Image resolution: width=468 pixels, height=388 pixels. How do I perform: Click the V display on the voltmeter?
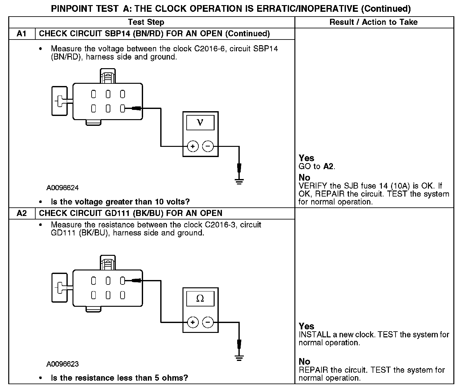(200, 123)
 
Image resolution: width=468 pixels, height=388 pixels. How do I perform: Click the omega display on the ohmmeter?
(200, 298)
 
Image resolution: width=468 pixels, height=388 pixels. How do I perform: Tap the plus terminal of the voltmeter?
(193, 147)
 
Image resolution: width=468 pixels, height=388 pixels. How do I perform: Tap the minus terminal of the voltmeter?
(208, 147)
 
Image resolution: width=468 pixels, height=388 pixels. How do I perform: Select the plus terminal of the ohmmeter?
(193, 322)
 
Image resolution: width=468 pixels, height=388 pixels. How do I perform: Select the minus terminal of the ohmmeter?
(208, 322)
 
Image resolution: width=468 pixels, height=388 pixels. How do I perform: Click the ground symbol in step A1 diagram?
(239, 182)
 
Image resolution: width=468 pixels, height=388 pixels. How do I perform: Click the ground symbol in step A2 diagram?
(239, 357)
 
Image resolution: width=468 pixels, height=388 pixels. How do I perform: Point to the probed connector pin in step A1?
(122, 109)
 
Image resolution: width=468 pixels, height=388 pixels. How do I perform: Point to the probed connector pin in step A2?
(122, 281)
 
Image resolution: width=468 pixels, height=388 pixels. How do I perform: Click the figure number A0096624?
(63, 188)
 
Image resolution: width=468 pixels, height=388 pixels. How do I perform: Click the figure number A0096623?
(63, 364)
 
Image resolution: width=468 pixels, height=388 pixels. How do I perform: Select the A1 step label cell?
(22, 34)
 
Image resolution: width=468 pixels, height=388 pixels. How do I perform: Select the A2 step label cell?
(22, 213)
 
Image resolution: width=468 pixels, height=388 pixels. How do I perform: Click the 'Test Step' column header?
(146, 22)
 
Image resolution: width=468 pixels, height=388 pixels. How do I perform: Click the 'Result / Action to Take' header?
(374, 22)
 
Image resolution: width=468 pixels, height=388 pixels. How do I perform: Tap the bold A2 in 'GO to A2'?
(329, 167)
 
